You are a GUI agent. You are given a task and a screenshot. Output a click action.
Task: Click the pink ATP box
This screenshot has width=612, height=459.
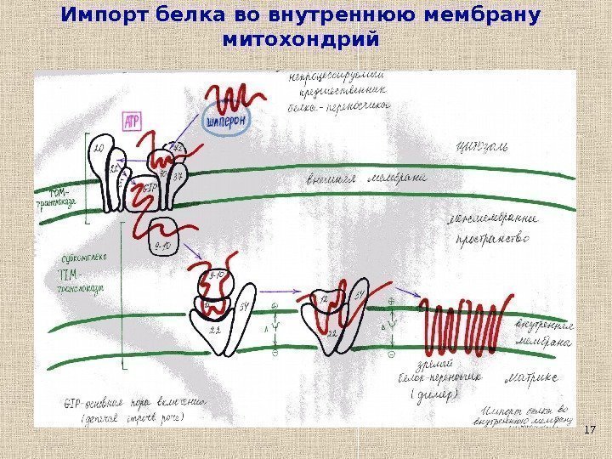coord(133,122)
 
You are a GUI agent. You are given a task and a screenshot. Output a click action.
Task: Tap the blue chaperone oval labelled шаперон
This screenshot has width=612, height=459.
coord(227,121)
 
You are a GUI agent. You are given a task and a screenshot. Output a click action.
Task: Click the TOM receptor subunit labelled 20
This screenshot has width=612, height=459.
coord(99,153)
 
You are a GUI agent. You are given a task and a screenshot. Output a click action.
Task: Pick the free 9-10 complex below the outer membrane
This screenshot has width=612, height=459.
coord(163,239)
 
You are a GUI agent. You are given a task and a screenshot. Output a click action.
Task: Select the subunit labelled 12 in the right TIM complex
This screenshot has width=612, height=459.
coord(325,300)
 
